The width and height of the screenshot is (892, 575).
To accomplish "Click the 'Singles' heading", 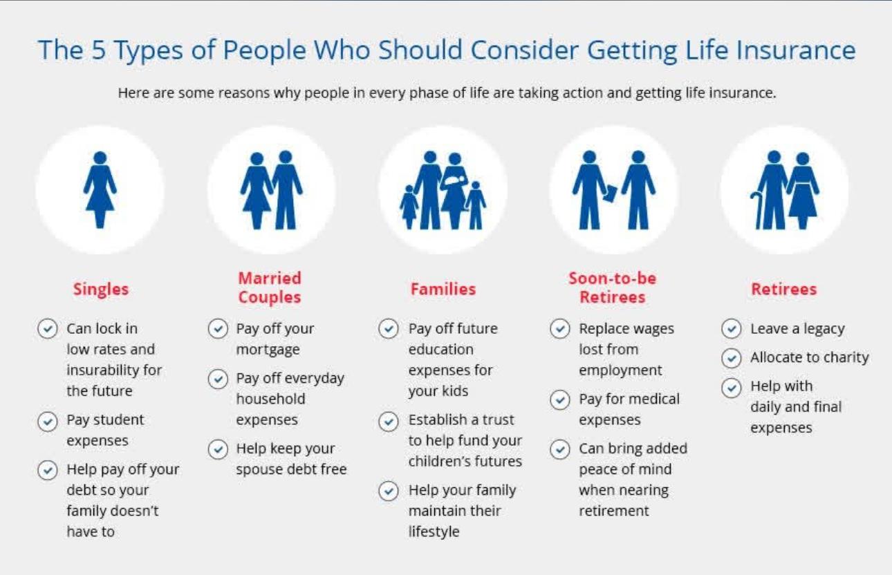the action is tap(101, 290).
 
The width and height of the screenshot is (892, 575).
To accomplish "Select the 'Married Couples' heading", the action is tap(270, 287).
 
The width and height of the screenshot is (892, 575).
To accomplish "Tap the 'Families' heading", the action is tap(443, 290).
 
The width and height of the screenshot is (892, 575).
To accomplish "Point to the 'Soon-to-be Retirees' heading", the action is tap(613, 287).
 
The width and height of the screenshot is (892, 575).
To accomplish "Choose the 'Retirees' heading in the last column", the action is tap(783, 290).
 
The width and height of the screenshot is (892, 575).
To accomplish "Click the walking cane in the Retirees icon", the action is tap(756, 210).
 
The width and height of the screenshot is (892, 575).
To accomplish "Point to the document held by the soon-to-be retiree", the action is tap(610, 194).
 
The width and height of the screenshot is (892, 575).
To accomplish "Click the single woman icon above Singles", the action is tap(100, 190).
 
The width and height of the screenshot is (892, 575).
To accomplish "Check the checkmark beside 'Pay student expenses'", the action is tap(48, 422).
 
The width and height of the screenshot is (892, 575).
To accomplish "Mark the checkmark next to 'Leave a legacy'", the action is tap(731, 329).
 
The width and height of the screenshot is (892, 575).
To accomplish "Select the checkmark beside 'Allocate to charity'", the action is tap(731, 358).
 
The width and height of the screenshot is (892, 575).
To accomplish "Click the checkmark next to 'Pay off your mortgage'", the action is tap(218, 329).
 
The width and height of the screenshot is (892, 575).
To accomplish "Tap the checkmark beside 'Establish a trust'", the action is tap(388, 422).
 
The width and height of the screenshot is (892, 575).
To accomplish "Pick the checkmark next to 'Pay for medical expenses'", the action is tap(560, 400).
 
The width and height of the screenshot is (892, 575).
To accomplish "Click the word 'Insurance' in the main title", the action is tap(796, 50).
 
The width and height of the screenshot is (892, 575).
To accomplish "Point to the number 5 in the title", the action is tap(98, 50).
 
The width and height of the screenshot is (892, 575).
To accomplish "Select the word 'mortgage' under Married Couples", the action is tap(268, 350).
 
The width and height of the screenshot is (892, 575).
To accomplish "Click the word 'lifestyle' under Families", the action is tap(434, 532).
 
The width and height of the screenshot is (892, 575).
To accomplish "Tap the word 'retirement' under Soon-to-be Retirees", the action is tap(613, 511).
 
